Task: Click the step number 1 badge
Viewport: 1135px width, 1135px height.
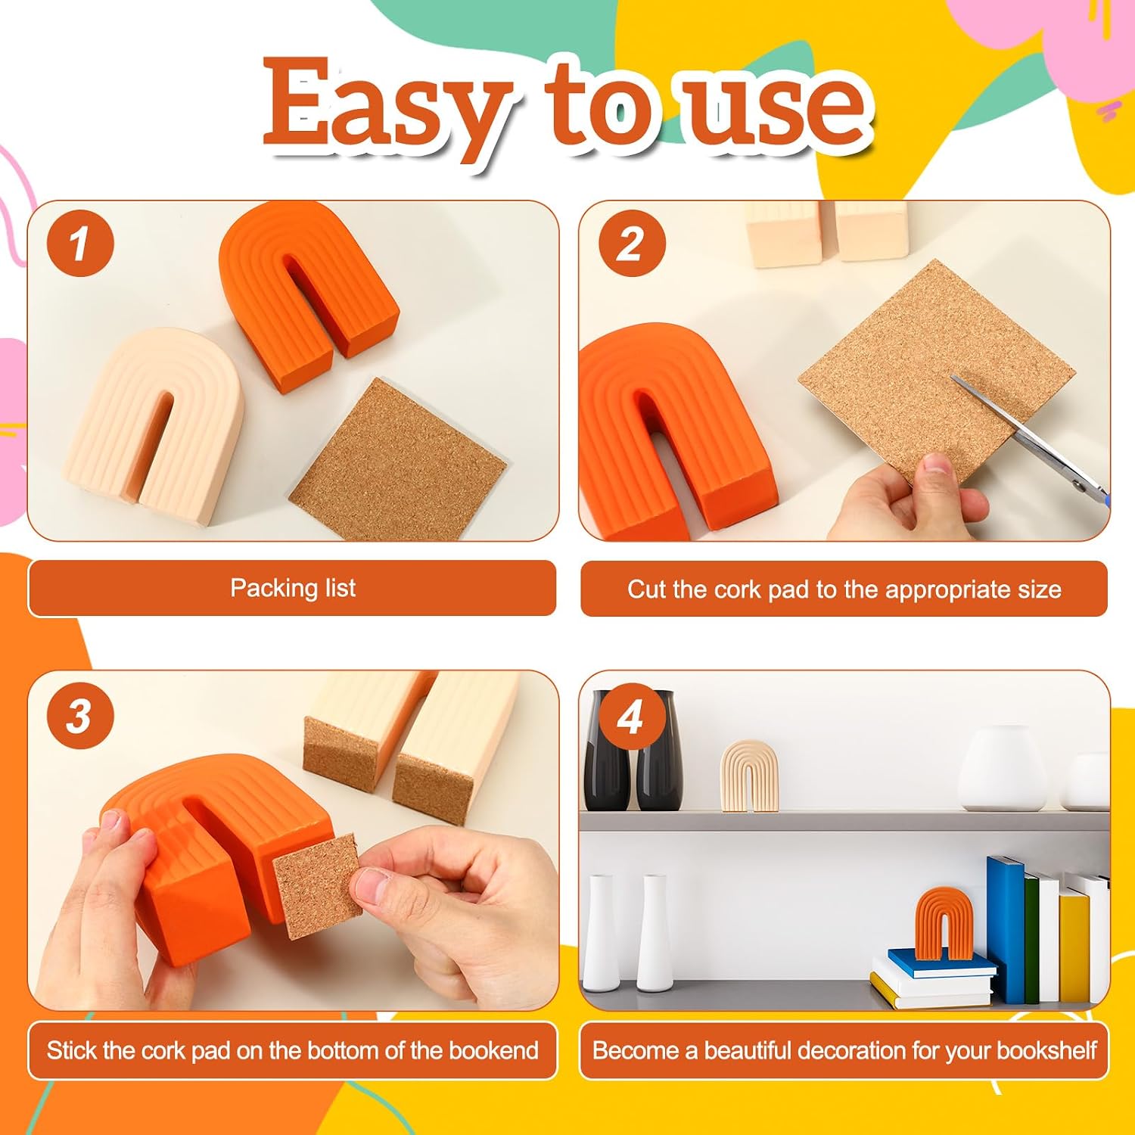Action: [x=80, y=244]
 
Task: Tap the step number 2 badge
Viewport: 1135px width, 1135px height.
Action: [x=632, y=244]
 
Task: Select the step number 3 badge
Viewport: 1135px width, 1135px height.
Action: [x=80, y=716]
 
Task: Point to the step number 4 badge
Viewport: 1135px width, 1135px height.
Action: [x=632, y=716]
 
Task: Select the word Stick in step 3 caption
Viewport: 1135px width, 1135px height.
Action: [x=72, y=1050]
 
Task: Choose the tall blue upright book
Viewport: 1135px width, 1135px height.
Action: [x=1007, y=929]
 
